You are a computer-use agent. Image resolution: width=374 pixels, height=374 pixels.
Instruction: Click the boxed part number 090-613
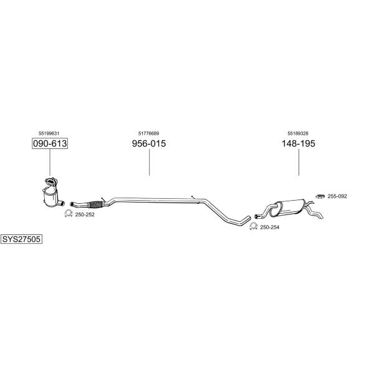click(50, 143)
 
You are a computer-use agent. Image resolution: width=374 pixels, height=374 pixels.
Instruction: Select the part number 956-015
click(149, 143)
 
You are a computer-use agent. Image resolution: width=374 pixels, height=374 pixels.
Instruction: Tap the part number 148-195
click(299, 143)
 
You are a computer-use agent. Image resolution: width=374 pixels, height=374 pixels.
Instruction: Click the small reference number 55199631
click(49, 133)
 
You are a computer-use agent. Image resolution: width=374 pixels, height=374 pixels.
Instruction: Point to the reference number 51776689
click(148, 133)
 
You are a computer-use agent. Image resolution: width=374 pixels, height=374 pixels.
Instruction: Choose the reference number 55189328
click(298, 133)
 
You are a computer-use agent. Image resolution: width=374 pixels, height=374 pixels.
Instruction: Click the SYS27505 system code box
click(21, 239)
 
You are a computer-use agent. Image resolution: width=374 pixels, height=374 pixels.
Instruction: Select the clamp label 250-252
click(85, 214)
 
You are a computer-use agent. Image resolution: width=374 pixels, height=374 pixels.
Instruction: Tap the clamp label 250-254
click(269, 227)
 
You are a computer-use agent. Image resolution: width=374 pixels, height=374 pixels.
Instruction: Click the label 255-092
click(337, 196)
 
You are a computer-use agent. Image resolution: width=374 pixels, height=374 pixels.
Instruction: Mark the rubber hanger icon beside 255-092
click(320, 196)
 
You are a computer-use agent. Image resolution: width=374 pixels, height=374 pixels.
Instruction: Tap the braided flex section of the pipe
click(95, 204)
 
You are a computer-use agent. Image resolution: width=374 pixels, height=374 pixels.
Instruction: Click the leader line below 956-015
click(150, 163)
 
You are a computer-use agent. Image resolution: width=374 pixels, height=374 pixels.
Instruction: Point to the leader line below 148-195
click(299, 163)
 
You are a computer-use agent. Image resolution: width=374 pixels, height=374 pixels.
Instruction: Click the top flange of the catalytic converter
click(50, 181)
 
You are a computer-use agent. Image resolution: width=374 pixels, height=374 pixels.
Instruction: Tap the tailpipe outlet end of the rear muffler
click(322, 216)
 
